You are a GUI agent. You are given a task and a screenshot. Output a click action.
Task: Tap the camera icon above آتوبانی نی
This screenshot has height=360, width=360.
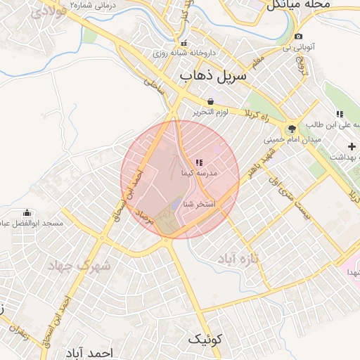coord(299,37)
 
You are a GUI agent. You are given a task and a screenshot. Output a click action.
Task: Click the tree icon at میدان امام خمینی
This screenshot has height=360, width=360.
coord(291,129)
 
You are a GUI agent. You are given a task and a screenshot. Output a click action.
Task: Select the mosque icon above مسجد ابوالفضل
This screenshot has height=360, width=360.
coord(27,213)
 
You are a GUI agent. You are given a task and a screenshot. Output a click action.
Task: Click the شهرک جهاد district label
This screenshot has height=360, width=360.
coord(79,266)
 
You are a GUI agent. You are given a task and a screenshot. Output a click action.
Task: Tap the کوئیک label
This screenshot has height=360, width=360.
coord(205,340)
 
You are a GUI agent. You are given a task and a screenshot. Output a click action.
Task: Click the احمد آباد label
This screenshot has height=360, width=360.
coord(89,352)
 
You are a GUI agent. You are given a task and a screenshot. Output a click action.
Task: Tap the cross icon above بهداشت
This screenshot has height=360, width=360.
coord(352,146)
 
